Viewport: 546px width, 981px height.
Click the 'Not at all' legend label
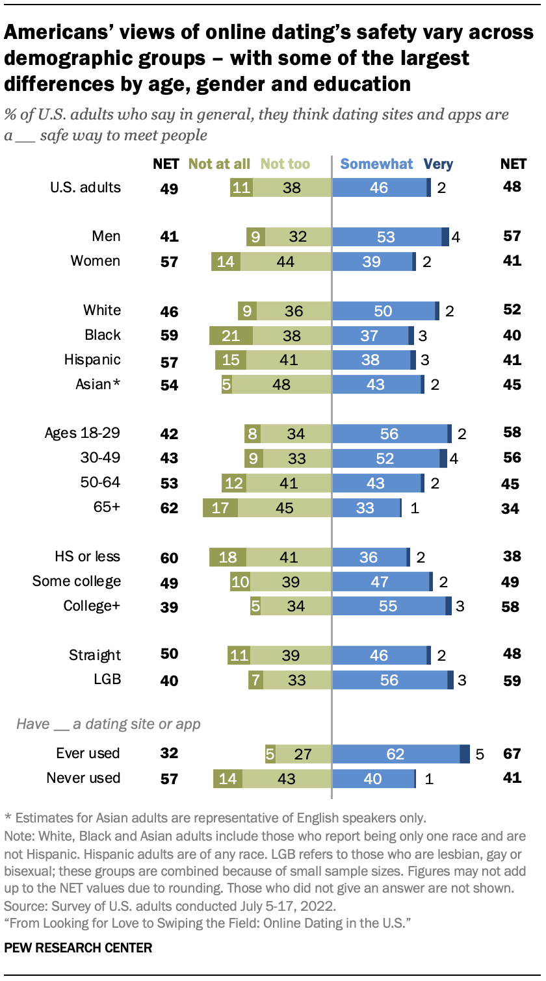(x=219, y=164)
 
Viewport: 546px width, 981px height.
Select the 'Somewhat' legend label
(x=377, y=164)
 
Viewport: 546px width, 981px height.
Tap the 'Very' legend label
(x=438, y=164)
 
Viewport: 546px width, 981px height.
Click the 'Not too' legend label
(x=285, y=164)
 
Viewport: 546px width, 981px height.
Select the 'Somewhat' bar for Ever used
(x=395, y=754)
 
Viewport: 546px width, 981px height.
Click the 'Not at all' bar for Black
(x=231, y=336)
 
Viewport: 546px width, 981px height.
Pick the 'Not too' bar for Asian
(x=281, y=385)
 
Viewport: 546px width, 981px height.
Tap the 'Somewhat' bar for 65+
(x=365, y=508)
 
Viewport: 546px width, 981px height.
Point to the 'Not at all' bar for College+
(x=255, y=607)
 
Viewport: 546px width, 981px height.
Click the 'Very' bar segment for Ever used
(x=464, y=754)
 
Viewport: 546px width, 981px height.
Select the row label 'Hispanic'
(x=92, y=360)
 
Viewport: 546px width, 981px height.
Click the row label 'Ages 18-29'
(x=83, y=433)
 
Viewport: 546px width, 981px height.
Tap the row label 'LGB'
(x=107, y=680)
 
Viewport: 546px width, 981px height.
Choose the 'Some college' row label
(x=77, y=581)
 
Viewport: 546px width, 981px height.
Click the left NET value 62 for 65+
(x=169, y=508)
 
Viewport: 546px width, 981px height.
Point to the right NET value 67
(x=512, y=754)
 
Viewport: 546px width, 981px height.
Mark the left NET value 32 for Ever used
(x=169, y=754)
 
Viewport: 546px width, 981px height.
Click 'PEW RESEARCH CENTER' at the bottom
(x=78, y=948)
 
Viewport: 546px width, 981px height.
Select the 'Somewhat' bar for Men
(x=386, y=237)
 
